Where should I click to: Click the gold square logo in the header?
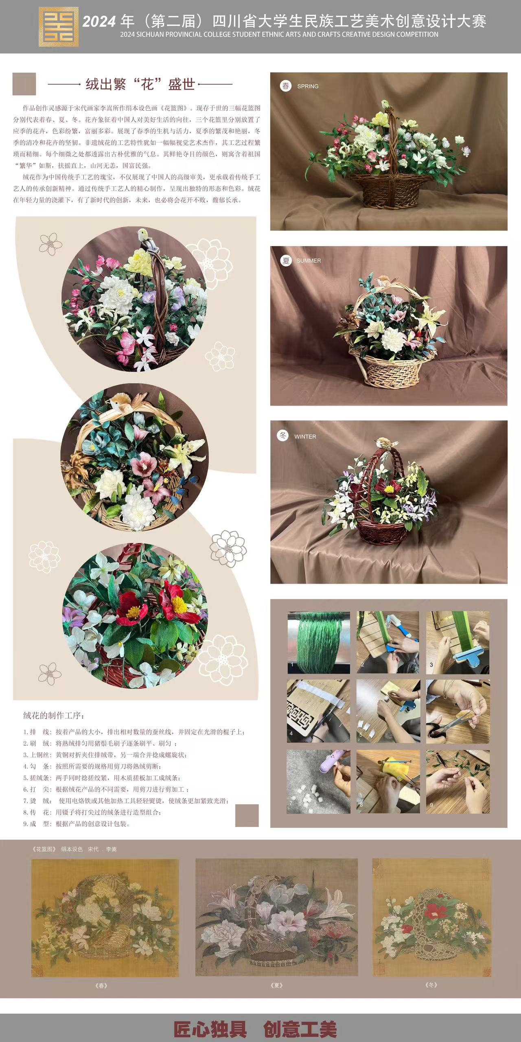click(x=59, y=26)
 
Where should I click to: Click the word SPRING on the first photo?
click(x=308, y=86)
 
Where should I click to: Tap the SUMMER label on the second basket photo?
click(x=309, y=260)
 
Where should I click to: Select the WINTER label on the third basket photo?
click(x=305, y=436)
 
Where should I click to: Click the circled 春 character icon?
click(x=286, y=86)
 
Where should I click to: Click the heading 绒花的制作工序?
click(x=54, y=715)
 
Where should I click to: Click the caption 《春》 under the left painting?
click(x=101, y=985)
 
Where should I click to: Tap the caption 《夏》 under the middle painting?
click(x=276, y=985)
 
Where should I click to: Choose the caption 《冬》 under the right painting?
click(x=431, y=985)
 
